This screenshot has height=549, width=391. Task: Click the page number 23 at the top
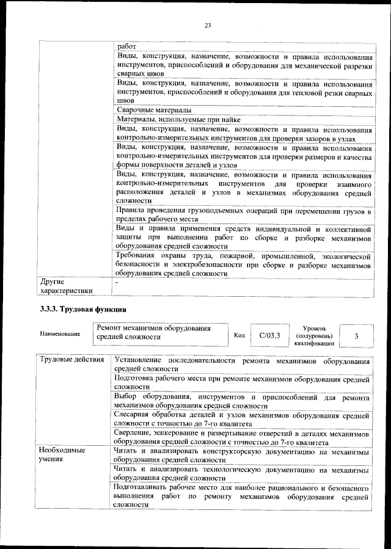click(x=207, y=25)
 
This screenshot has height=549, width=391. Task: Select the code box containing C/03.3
click(x=269, y=335)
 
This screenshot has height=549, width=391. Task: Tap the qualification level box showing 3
click(x=356, y=335)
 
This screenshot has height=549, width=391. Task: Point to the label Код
click(x=239, y=335)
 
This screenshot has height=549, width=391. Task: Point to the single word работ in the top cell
click(x=127, y=45)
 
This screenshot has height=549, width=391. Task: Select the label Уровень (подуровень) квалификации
click(x=314, y=335)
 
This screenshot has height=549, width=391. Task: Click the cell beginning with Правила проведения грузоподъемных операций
click(x=243, y=215)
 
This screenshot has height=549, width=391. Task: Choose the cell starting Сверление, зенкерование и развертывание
click(x=243, y=437)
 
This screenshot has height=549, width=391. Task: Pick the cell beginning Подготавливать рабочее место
click(x=243, y=497)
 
